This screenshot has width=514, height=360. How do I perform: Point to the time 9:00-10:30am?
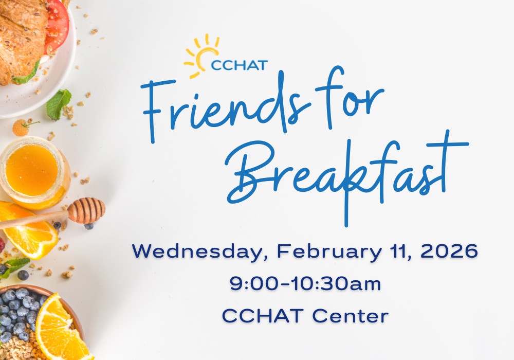pyautogui.click(x=305, y=284)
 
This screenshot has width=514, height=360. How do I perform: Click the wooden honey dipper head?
pyautogui.click(x=86, y=210)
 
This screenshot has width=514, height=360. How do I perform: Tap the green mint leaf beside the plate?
pyautogui.click(x=59, y=103)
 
